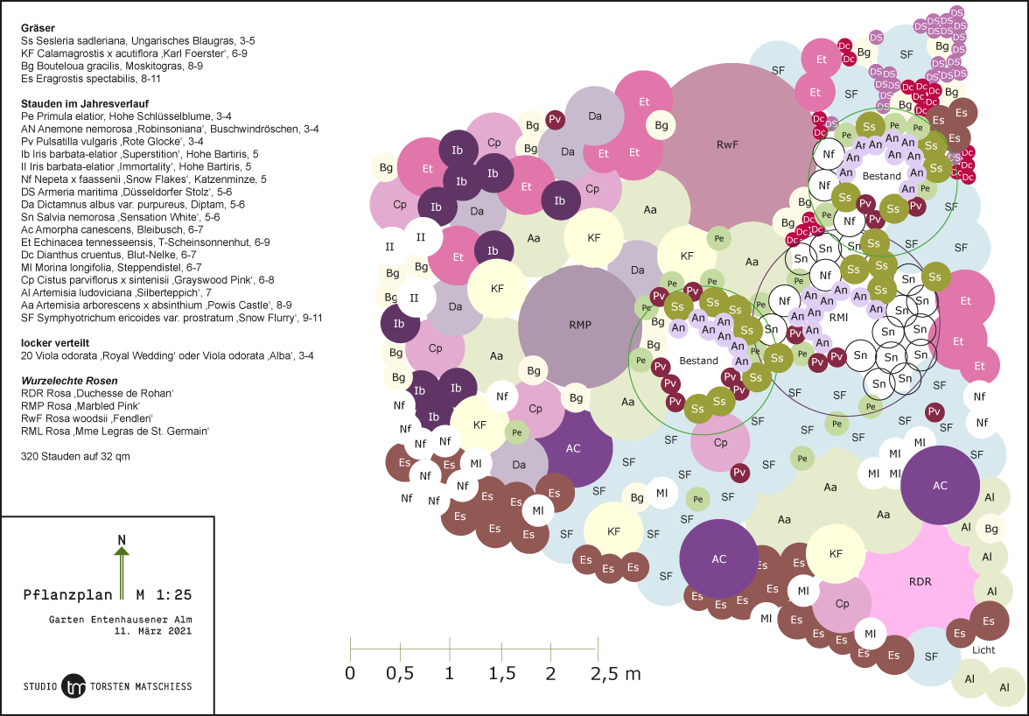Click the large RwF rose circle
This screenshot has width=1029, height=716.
pos(726,144)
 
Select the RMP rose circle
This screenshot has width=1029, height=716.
pos(579,326)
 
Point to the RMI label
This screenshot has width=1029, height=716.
pos(838,317)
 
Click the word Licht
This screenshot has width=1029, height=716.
pos(983,650)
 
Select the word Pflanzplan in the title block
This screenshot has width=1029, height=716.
pos(68,595)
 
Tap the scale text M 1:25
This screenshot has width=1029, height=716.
pos(164,595)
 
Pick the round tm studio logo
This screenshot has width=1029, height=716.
pos(75,686)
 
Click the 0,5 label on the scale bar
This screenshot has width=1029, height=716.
pos(400,674)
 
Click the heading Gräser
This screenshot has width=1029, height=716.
pos(38,28)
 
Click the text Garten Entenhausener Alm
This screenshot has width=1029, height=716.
pos(120,619)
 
